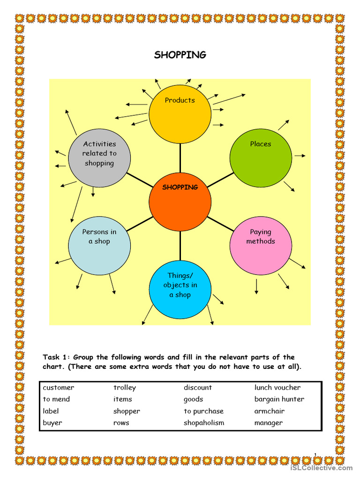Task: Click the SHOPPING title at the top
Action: [x=180, y=55]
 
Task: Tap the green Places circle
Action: [x=261, y=158]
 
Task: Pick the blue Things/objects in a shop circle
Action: [x=180, y=289]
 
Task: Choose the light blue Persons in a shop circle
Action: [x=99, y=246]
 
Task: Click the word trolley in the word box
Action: [x=125, y=388]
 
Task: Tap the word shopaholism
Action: [x=204, y=423]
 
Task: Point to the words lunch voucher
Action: [x=277, y=388]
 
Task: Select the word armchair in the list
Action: [x=270, y=411]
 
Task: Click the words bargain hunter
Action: [x=279, y=399]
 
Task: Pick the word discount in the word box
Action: [x=198, y=388]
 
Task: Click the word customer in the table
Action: [x=59, y=388]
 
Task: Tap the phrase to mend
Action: [x=56, y=399]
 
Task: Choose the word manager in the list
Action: [x=269, y=423]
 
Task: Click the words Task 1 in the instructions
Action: [x=56, y=357]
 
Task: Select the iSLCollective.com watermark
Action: [x=321, y=468]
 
